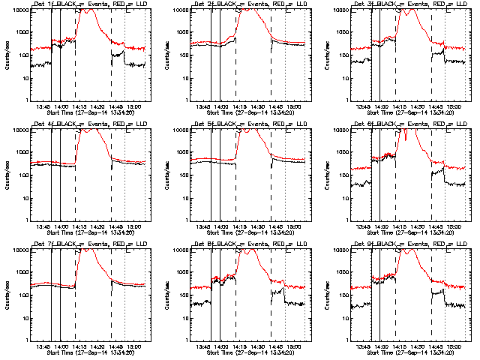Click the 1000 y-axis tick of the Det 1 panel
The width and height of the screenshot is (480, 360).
[x=22, y=32]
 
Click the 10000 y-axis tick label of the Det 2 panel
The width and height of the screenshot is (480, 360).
[x=179, y=10]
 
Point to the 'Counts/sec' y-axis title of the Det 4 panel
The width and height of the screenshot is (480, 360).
[x=7, y=175]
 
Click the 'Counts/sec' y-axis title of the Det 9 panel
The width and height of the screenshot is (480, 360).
[x=327, y=295]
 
